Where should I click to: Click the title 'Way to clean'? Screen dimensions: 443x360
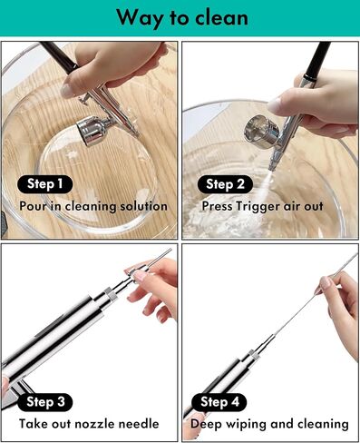pos(180,16)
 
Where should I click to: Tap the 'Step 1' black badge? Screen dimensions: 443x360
pos(44,184)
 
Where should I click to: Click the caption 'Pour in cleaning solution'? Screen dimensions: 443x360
pos(93,206)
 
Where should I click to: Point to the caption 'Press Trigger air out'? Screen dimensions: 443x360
pos(262,206)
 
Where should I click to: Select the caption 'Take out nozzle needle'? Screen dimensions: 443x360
pos(89,424)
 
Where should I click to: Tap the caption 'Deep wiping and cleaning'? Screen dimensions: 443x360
pos(269,424)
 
